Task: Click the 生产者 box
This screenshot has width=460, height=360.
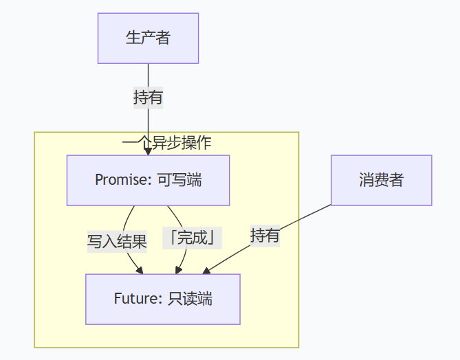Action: (x=148, y=38)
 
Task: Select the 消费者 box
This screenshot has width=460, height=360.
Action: (x=381, y=180)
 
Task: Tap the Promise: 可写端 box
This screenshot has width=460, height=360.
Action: (x=148, y=180)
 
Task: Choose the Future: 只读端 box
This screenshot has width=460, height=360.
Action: (x=163, y=299)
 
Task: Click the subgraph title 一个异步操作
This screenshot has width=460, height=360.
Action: (x=166, y=143)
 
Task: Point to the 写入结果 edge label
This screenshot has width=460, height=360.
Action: (x=117, y=241)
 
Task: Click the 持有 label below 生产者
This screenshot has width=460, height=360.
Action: (x=148, y=98)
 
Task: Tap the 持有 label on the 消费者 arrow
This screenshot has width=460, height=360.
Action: (x=265, y=236)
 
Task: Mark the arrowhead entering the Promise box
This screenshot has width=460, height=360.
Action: (x=148, y=152)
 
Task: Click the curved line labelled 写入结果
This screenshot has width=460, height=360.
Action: (x=125, y=220)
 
